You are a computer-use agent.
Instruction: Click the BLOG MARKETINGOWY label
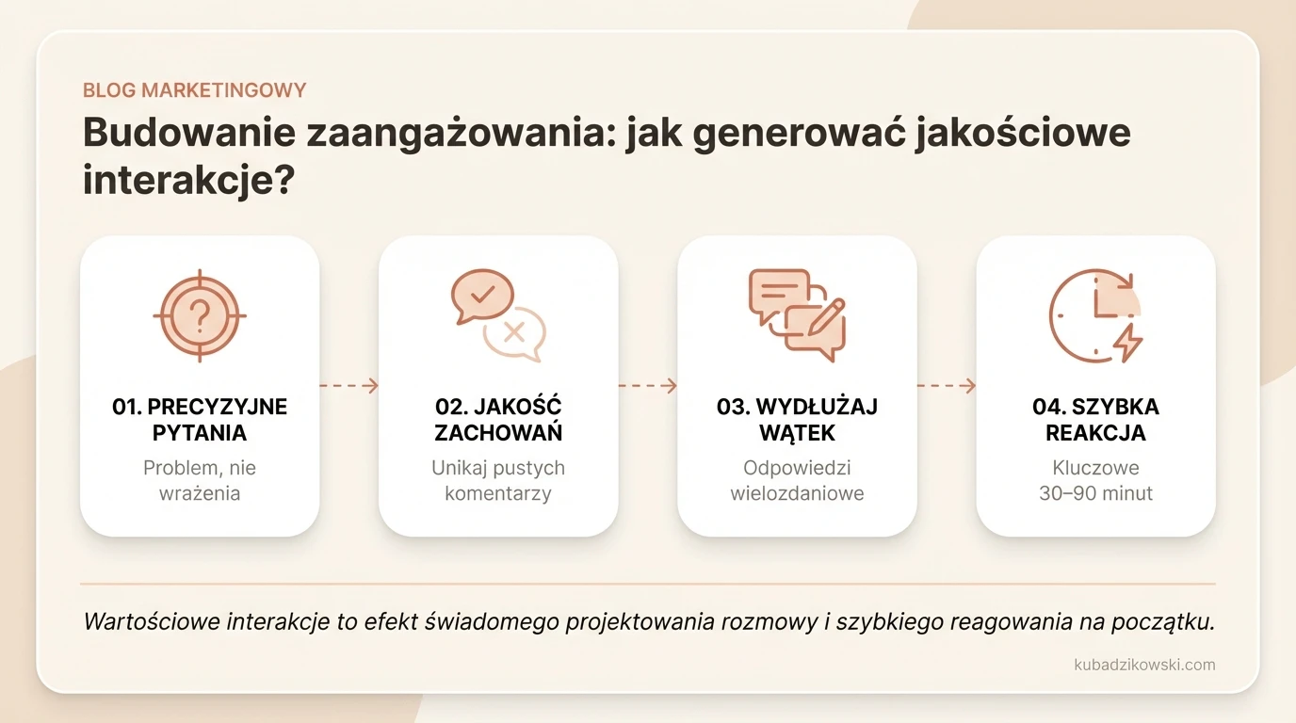(194, 90)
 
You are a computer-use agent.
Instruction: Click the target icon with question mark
(200, 316)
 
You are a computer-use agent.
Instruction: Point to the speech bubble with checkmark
(482, 296)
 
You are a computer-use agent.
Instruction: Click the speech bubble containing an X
(515, 331)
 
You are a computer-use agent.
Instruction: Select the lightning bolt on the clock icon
(1127, 343)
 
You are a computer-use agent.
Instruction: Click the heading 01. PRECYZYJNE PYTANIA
(200, 420)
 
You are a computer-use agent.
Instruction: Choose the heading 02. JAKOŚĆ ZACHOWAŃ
(498, 420)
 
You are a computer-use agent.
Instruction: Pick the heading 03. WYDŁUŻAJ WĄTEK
(797, 420)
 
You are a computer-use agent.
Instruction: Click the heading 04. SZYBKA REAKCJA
(1095, 420)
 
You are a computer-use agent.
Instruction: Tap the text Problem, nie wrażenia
(200, 480)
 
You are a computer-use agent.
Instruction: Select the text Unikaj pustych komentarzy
(498, 480)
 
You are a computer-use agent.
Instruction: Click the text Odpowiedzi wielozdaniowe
(797, 480)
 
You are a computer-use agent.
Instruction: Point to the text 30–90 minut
(1095, 493)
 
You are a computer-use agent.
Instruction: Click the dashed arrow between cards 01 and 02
(348, 385)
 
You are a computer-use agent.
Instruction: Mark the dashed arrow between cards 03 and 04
(946, 385)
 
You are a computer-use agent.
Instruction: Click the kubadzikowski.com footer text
(1144, 665)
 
